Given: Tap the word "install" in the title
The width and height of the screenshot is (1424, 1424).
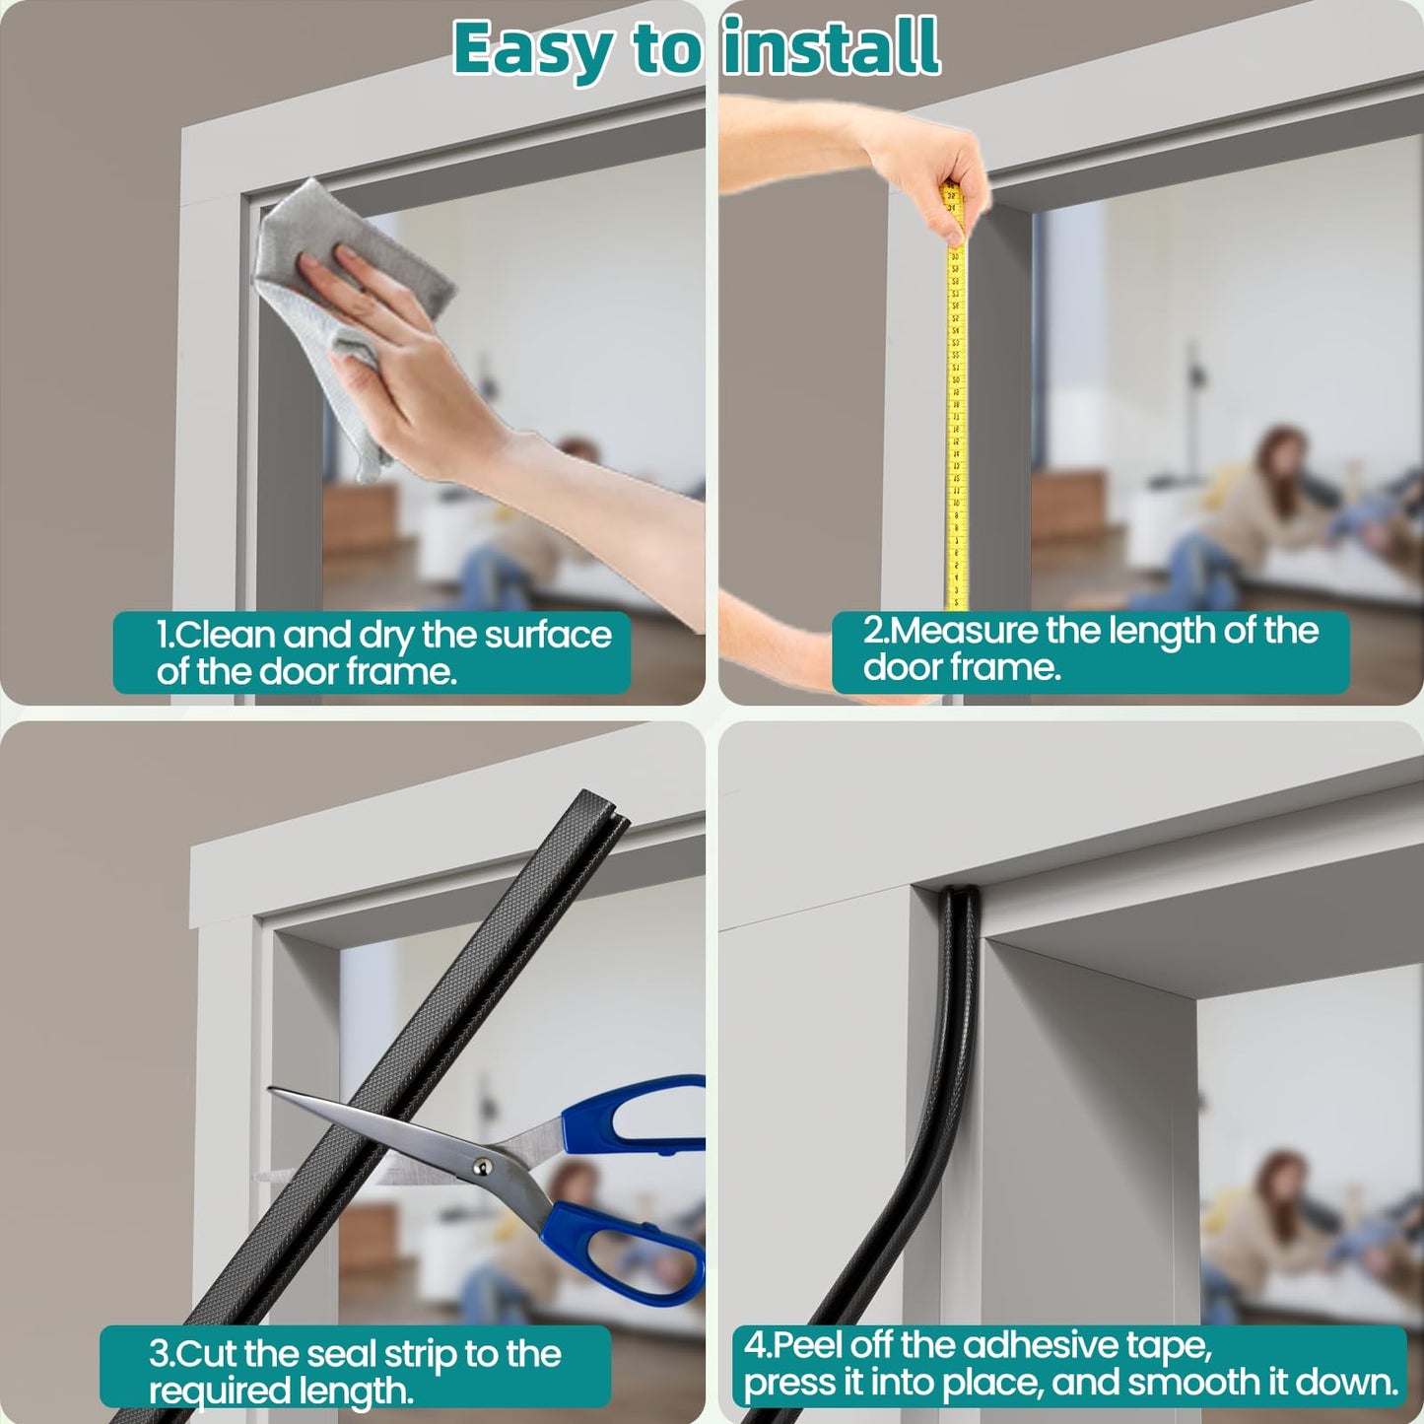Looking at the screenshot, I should pyautogui.click(x=831, y=47).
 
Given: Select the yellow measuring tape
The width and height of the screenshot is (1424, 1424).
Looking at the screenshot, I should pyautogui.click(x=955, y=414).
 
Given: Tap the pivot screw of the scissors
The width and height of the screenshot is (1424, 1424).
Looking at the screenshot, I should pyautogui.click(x=482, y=1167).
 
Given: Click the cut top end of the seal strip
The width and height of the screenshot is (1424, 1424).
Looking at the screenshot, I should pyautogui.click(x=596, y=803).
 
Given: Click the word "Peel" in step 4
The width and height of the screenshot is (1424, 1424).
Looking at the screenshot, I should pyautogui.click(x=808, y=1345).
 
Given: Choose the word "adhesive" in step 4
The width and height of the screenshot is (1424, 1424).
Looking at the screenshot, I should pyautogui.click(x=1041, y=1345).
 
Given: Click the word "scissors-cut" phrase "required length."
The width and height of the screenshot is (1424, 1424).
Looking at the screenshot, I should pyautogui.click(x=282, y=1390).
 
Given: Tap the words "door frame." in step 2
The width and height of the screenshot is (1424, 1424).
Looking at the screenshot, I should pyautogui.click(x=962, y=668).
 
